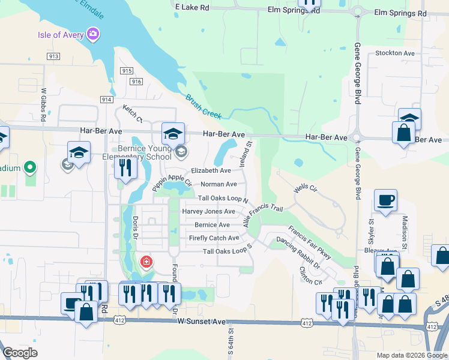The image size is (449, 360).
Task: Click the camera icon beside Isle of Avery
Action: (x=93, y=34)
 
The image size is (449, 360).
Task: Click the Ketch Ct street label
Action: (x=132, y=112)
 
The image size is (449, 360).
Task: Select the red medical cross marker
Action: (x=145, y=262)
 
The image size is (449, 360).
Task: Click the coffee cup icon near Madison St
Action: (x=385, y=200)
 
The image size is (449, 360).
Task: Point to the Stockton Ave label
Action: (x=394, y=53)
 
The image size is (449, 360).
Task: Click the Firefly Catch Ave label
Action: (x=214, y=238)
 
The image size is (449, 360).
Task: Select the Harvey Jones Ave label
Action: (x=208, y=211)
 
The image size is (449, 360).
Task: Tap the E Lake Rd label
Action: (x=192, y=7)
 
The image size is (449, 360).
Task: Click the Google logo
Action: (x=20, y=353)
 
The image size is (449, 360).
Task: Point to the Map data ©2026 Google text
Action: (x=411, y=355)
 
